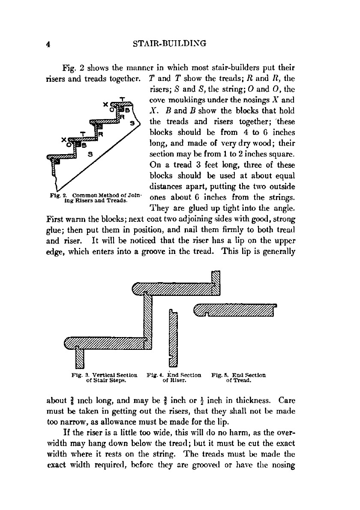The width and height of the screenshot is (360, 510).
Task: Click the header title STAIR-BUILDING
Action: pos(170,43)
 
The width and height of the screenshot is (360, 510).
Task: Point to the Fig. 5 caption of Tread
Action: pos(238,376)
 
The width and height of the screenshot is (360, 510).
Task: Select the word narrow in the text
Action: pos(72,424)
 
